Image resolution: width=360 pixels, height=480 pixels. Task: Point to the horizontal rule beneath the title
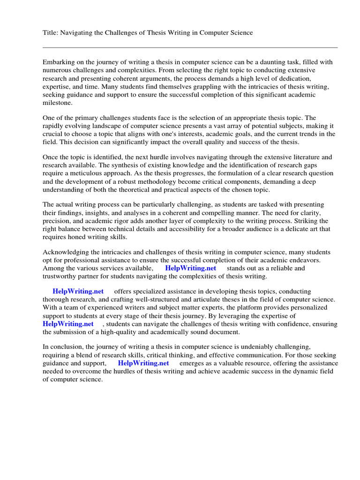point(190,47)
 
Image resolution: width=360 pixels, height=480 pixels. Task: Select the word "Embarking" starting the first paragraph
point(59,62)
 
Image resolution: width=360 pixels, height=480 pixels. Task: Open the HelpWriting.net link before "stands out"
point(191,268)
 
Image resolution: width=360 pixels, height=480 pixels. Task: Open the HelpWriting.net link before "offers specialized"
point(78,291)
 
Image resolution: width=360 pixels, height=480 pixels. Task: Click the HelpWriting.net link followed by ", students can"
point(68,323)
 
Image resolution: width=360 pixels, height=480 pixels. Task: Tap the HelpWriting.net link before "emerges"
point(143,363)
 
